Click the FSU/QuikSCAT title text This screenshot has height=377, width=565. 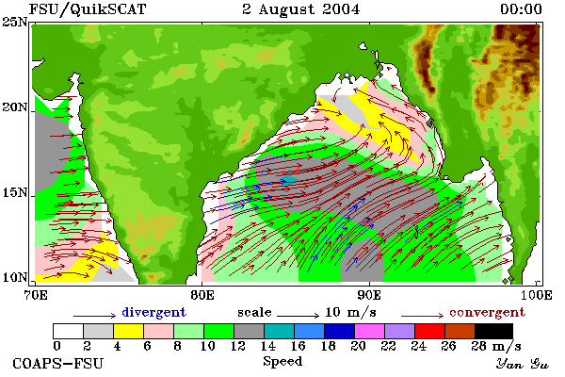(88, 9)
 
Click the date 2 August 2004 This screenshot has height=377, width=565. (301, 9)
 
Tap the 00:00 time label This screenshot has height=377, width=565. (521, 9)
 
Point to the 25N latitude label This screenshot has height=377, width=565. (15, 23)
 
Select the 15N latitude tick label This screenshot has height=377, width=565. (15, 193)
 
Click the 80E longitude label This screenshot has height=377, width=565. (202, 295)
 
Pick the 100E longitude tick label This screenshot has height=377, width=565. (536, 295)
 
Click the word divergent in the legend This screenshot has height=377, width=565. (153, 312)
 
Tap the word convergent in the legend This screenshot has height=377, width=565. (487, 312)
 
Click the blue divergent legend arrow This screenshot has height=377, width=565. (94, 316)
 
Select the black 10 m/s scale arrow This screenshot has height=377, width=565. (298, 316)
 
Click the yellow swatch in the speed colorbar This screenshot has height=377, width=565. (129, 331)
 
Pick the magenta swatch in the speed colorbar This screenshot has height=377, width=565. (369, 331)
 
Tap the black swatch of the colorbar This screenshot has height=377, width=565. (493, 331)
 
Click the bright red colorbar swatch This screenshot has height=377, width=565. (429, 331)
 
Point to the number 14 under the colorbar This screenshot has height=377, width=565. (267, 346)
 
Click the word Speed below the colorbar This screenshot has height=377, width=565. (282, 362)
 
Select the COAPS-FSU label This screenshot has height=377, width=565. (58, 363)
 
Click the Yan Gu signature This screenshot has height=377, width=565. (522, 364)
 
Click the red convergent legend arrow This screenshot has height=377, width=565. (422, 316)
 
